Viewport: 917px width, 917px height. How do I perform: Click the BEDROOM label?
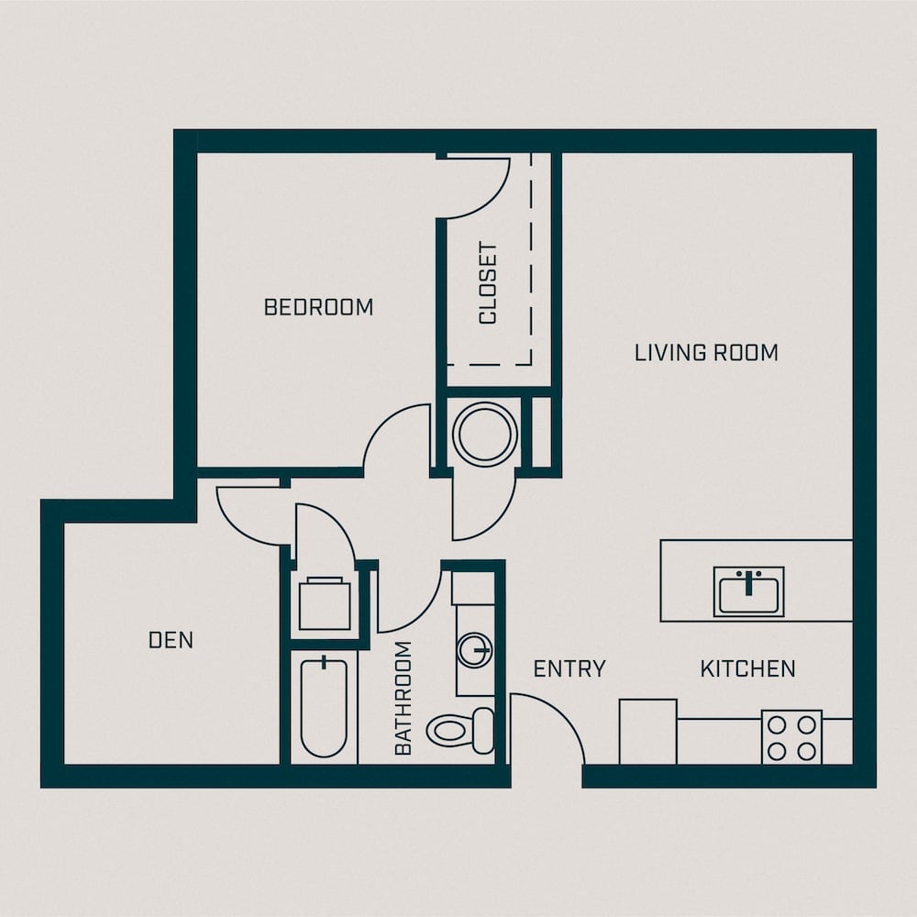(319, 307)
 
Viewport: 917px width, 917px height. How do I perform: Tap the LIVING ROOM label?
(706, 353)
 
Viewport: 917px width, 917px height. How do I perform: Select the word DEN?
(171, 640)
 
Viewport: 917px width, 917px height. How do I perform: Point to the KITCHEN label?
(748, 668)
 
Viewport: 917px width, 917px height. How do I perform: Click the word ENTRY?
(569, 668)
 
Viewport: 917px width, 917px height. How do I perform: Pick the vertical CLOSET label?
(487, 283)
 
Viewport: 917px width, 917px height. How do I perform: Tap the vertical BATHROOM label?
(403, 698)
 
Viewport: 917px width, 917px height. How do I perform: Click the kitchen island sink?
(748, 591)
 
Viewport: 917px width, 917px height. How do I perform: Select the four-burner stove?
(792, 737)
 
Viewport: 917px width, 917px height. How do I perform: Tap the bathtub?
(324, 707)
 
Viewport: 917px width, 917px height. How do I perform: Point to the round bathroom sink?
(474, 650)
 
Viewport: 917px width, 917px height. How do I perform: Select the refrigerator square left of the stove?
(648, 732)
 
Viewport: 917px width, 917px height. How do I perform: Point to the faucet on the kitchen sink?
(748, 582)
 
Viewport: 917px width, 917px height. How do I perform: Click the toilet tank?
(483, 731)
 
